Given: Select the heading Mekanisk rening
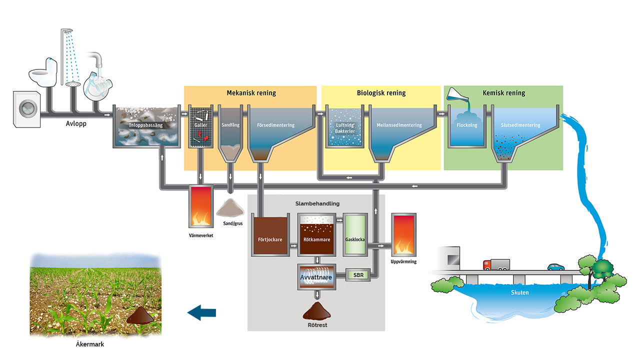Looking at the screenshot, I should tap(251, 93).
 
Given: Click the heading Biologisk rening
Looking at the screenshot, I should tap(381, 93).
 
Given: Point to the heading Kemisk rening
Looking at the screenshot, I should tap(504, 93).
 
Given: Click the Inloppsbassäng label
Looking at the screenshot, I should tap(146, 125).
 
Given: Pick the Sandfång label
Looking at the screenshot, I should tap(230, 125).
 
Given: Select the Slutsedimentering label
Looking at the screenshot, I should tap(520, 125).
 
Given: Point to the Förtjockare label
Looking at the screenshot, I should tap(270, 239).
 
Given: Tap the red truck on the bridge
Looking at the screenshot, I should tap(496, 264).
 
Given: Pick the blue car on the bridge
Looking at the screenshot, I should tap(555, 267).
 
